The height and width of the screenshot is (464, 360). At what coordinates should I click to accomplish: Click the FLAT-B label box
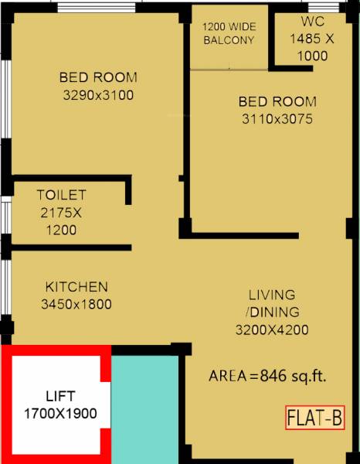click(315, 418)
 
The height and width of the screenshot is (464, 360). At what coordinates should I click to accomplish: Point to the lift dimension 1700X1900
click(60, 413)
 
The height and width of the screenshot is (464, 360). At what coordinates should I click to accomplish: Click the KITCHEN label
click(76, 286)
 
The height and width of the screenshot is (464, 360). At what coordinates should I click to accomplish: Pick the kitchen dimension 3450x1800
click(76, 304)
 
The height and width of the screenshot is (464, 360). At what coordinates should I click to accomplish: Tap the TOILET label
click(60, 195)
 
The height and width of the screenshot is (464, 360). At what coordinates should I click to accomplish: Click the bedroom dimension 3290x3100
click(98, 95)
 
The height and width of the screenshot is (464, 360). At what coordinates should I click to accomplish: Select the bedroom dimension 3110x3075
click(277, 119)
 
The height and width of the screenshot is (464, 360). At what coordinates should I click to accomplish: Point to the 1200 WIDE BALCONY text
click(229, 32)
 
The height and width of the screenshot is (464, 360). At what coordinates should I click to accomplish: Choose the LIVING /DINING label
click(272, 303)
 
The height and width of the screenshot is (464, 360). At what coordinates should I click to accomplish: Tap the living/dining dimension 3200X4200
click(272, 330)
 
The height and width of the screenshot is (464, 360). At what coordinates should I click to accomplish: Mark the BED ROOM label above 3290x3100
click(98, 77)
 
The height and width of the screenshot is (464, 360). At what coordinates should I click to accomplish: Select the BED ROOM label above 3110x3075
click(277, 101)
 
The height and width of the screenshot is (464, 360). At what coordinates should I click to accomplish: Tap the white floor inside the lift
click(54, 437)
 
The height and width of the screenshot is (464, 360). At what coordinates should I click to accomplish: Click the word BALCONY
click(229, 40)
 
